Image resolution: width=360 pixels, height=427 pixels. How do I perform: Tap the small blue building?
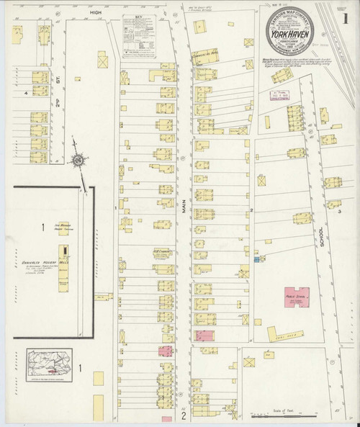pyautogui.click(x=256, y=259)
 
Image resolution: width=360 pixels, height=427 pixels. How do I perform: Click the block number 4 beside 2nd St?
pyautogui.click(x=27, y=93)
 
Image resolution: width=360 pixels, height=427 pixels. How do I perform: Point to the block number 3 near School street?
pyautogui.click(x=338, y=212)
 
